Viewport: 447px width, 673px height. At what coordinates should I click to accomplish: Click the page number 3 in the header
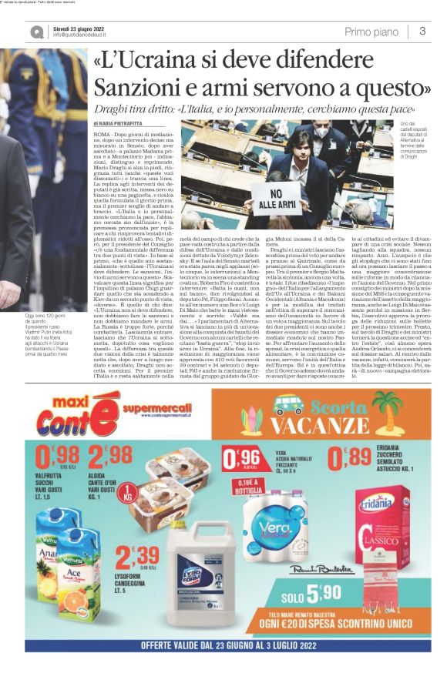tap(422, 31)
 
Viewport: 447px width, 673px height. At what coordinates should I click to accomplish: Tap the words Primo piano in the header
tap(371, 32)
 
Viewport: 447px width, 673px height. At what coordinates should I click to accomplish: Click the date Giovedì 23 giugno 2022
tap(79, 28)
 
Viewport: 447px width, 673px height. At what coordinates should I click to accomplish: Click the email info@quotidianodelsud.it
tap(85, 35)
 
